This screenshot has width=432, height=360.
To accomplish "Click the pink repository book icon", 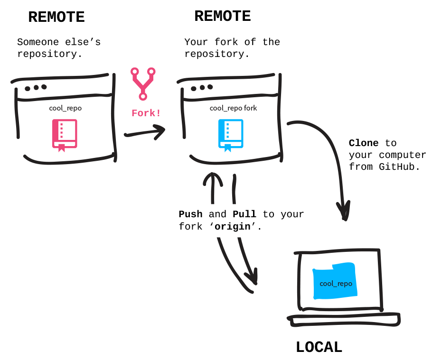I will (65, 135).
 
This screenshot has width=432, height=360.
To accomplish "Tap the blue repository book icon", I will (231, 135).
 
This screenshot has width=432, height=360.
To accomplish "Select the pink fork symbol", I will (143, 83).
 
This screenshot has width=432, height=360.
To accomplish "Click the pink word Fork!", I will (146, 113).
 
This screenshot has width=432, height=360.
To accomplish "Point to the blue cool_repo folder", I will (335, 282).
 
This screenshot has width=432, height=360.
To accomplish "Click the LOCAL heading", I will (319, 347).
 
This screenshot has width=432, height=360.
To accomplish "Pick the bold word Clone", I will (364, 143).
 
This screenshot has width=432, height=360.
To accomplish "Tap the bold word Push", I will (190, 214).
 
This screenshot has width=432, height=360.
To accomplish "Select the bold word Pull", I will (244, 214).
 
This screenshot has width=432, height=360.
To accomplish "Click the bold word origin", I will (233, 227).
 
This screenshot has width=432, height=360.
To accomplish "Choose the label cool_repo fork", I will (233, 108).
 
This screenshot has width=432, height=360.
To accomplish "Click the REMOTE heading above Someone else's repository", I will (56, 17).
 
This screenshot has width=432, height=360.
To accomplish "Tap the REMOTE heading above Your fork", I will (222, 16).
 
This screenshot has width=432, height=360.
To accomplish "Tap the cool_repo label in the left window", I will (65, 108).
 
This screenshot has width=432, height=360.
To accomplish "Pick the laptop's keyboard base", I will (345, 320).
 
